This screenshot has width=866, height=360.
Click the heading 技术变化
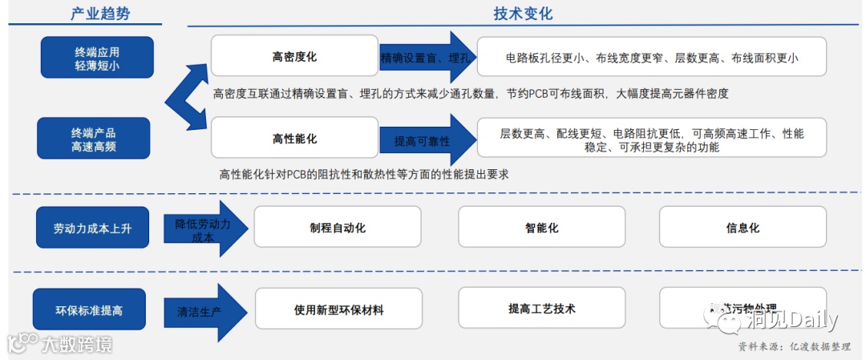tap(522, 14)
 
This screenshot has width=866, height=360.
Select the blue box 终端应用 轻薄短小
tap(97, 58)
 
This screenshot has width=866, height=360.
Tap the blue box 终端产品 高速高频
tap(93, 138)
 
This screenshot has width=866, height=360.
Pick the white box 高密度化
tap(293, 57)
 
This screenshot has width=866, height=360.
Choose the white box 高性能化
tap(293, 138)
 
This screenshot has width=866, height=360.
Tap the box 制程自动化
tap(338, 227)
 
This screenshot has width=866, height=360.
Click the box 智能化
tap(541, 227)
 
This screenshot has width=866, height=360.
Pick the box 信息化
tap(742, 227)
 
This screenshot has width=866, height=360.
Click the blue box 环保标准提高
tap(89, 309)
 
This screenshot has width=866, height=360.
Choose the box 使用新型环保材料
tap(338, 309)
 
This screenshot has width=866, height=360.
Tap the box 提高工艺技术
tap(541, 308)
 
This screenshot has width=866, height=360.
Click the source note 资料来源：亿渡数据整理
tap(795, 346)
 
